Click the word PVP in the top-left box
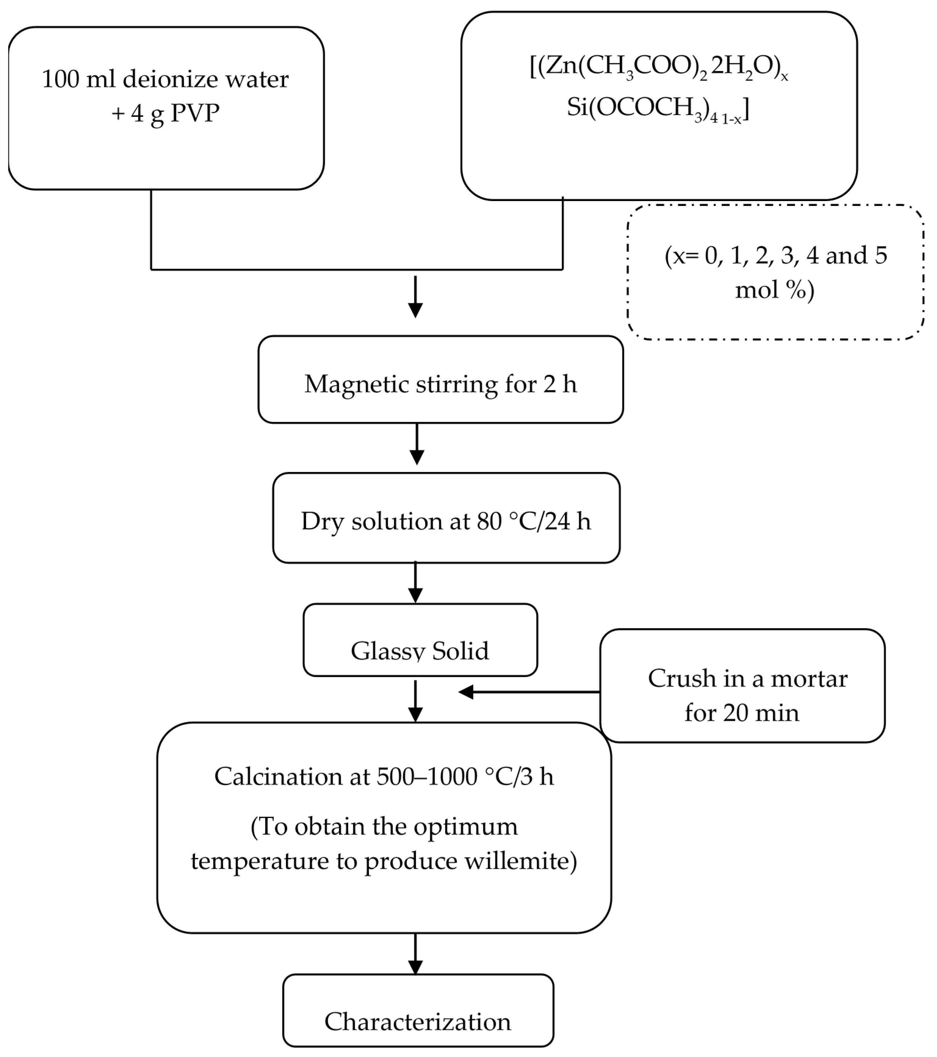pyautogui.click(x=195, y=113)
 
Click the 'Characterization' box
pyautogui.click(x=418, y=1010)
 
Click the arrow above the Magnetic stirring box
pyautogui.click(x=415, y=297)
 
